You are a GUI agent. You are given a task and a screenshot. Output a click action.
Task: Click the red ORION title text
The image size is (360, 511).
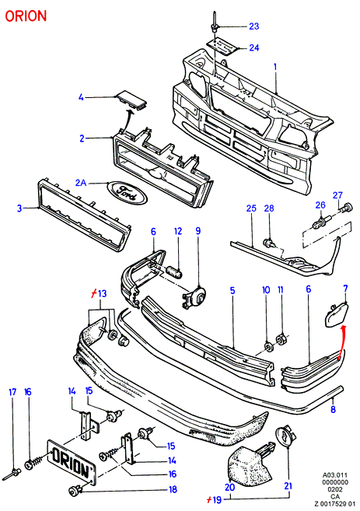coord(26,16)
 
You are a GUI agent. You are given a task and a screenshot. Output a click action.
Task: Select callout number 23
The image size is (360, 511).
coord(254,26)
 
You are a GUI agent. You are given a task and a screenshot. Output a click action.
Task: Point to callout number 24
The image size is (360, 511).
coord(254,48)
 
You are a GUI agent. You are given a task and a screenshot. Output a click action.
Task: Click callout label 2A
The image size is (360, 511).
coord(81,183)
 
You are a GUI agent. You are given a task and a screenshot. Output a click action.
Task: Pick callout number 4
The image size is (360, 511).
coord(81,97)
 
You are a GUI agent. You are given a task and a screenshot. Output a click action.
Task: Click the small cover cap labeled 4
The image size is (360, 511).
coord(131,99)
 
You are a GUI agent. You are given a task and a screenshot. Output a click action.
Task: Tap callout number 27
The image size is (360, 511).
coord(337,195)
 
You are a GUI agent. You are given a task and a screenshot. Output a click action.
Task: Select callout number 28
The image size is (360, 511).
coord(269,208)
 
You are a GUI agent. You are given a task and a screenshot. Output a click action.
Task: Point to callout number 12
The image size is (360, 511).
coord(178,231)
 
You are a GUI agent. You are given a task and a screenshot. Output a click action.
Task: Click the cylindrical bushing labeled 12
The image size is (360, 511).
coord(174,272)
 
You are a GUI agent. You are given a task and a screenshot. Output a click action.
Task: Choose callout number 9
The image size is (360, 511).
coord(198,231)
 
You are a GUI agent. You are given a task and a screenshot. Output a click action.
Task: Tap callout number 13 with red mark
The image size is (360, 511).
coord(99,294)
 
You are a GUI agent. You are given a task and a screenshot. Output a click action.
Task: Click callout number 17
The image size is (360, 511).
coord(12,392)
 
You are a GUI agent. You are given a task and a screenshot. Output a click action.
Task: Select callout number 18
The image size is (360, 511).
coord(173,489)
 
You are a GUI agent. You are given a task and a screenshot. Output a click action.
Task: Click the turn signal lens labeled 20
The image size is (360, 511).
coord(250,462)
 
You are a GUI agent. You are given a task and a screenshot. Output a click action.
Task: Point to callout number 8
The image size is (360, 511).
coord(333,409)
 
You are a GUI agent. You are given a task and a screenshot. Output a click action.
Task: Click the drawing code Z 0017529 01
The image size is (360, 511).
coord(335,504)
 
